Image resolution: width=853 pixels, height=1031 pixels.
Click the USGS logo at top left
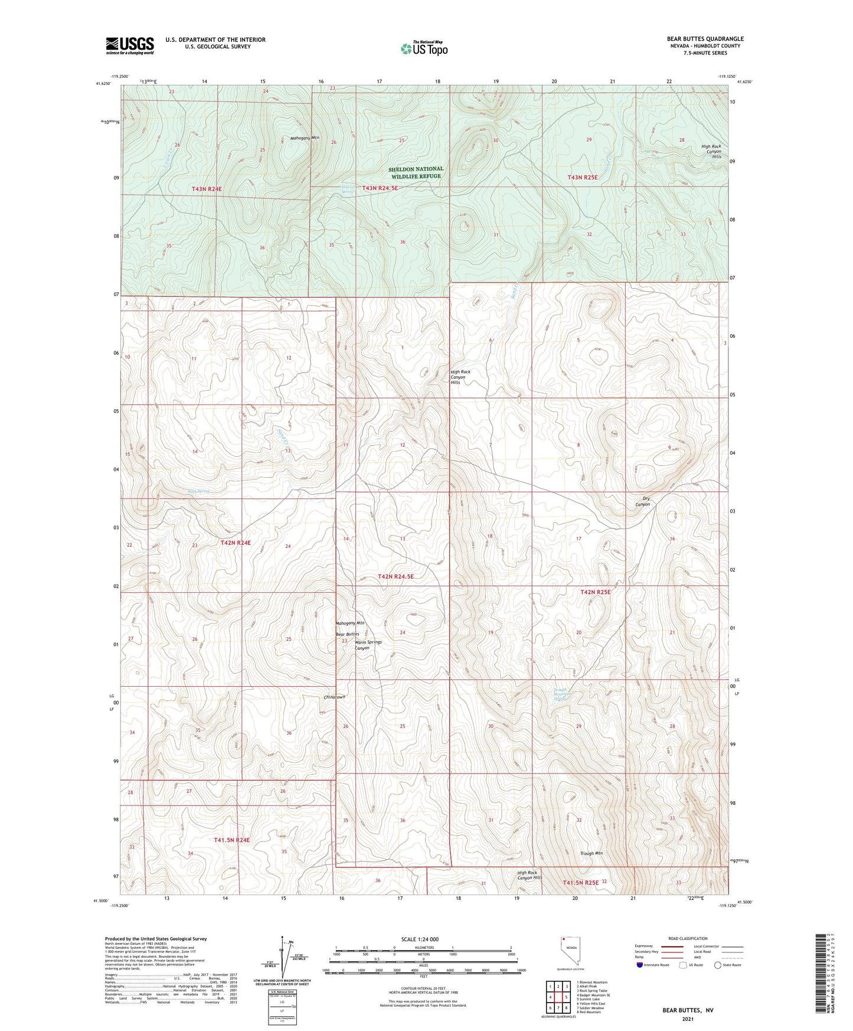click(x=130, y=45)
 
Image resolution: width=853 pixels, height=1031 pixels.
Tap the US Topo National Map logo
click(x=423, y=48)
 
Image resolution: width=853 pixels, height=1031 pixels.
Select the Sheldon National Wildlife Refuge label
click(x=416, y=172)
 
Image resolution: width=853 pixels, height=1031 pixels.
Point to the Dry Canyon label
click(x=642, y=501)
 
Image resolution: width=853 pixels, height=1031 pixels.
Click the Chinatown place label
click(x=334, y=697)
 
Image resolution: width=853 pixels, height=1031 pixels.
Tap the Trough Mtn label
click(x=591, y=853)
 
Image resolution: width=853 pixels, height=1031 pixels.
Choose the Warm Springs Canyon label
click(x=368, y=645)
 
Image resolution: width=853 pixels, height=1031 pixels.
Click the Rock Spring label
click(x=198, y=491)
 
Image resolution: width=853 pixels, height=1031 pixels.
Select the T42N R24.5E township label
click(x=396, y=576)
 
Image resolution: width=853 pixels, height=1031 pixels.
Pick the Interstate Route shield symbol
click(x=640, y=965)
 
